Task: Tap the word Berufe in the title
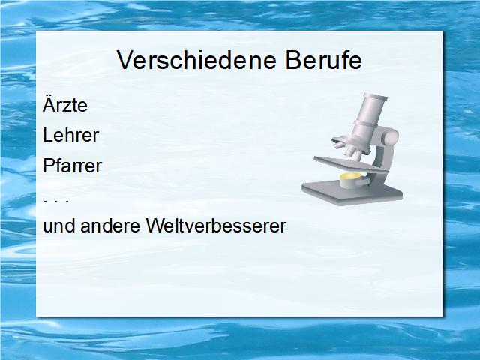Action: click(x=324, y=60)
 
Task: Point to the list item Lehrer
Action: click(x=71, y=135)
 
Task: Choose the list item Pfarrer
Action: click(x=73, y=166)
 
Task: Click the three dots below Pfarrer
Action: click(x=56, y=201)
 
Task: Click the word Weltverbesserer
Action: click(x=216, y=226)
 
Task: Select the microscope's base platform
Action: click(x=352, y=193)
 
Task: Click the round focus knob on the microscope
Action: click(x=390, y=136)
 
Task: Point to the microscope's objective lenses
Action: click(x=349, y=149)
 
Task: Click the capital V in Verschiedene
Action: click(x=125, y=60)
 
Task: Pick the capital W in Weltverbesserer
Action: click(x=156, y=226)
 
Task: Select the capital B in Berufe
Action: click(x=293, y=60)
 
